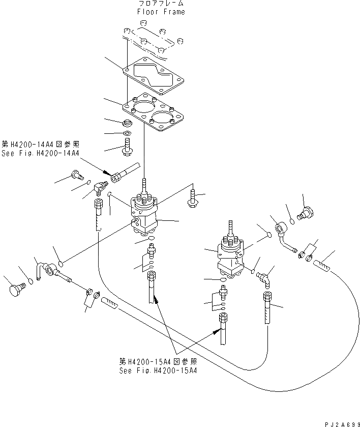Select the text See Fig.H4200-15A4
tap(158, 371)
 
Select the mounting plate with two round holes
tap(155, 114)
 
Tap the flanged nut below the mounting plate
tap(128, 123)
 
